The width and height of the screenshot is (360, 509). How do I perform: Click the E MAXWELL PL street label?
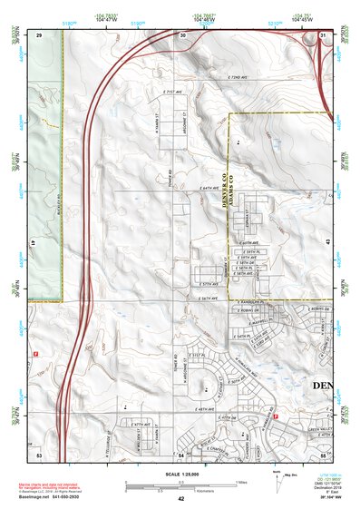(258, 319)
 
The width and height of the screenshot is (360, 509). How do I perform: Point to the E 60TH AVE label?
(248, 243)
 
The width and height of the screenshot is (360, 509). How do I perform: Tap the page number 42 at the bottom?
(180, 499)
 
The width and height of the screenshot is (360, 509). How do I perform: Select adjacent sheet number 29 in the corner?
(40, 34)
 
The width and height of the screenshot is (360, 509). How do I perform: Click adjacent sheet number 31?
(323, 34)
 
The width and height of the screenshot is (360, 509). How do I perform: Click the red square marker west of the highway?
(35, 352)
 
